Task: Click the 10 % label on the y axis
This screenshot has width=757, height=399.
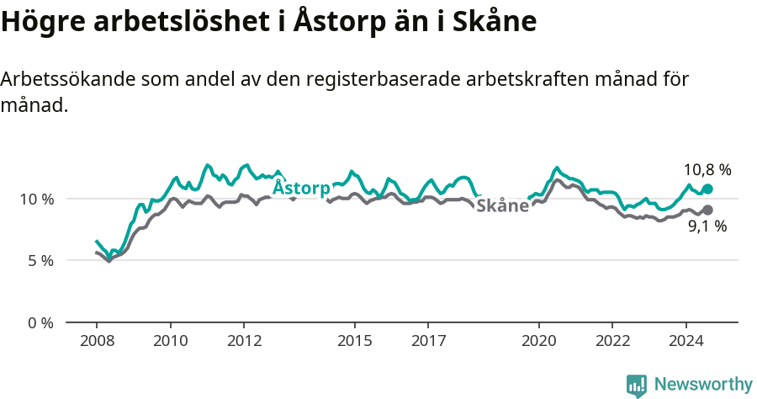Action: pyautogui.click(x=36, y=199)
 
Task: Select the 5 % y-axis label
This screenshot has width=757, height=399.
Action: pyautogui.click(x=40, y=261)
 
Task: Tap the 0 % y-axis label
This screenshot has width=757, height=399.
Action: pyautogui.click(x=40, y=323)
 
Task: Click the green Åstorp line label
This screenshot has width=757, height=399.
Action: pyautogui.click(x=301, y=187)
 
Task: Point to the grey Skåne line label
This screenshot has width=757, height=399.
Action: pyautogui.click(x=502, y=205)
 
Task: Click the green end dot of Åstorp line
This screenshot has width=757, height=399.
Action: pyautogui.click(x=707, y=189)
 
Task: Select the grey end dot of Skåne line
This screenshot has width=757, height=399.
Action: pyautogui.click(x=707, y=210)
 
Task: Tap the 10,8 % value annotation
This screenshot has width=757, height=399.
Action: pyautogui.click(x=707, y=169)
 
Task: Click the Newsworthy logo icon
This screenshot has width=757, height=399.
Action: pyautogui.click(x=636, y=385)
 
